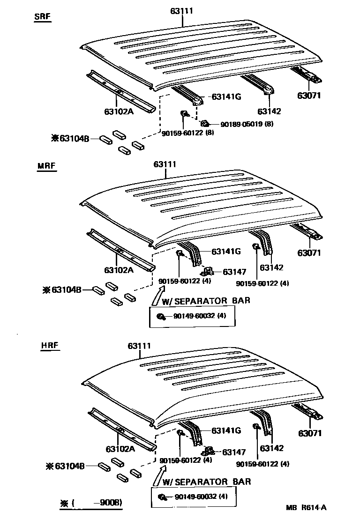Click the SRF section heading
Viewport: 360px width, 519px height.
pyautogui.click(x=43, y=17)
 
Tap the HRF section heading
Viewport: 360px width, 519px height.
pyautogui.click(x=50, y=347)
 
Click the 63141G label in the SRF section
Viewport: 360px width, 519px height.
pyautogui.click(x=226, y=97)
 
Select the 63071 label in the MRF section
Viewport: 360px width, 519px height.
pyautogui.click(x=309, y=253)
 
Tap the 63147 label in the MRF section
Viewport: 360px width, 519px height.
pyautogui.click(x=234, y=272)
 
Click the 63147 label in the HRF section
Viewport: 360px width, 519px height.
pyautogui.click(x=234, y=452)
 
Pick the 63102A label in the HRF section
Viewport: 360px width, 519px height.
pyautogui.click(x=120, y=449)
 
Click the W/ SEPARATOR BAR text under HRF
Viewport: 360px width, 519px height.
pyautogui.click(x=206, y=482)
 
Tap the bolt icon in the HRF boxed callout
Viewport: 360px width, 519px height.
pyautogui.click(x=162, y=497)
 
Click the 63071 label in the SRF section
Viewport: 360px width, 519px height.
pyautogui.click(x=309, y=96)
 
